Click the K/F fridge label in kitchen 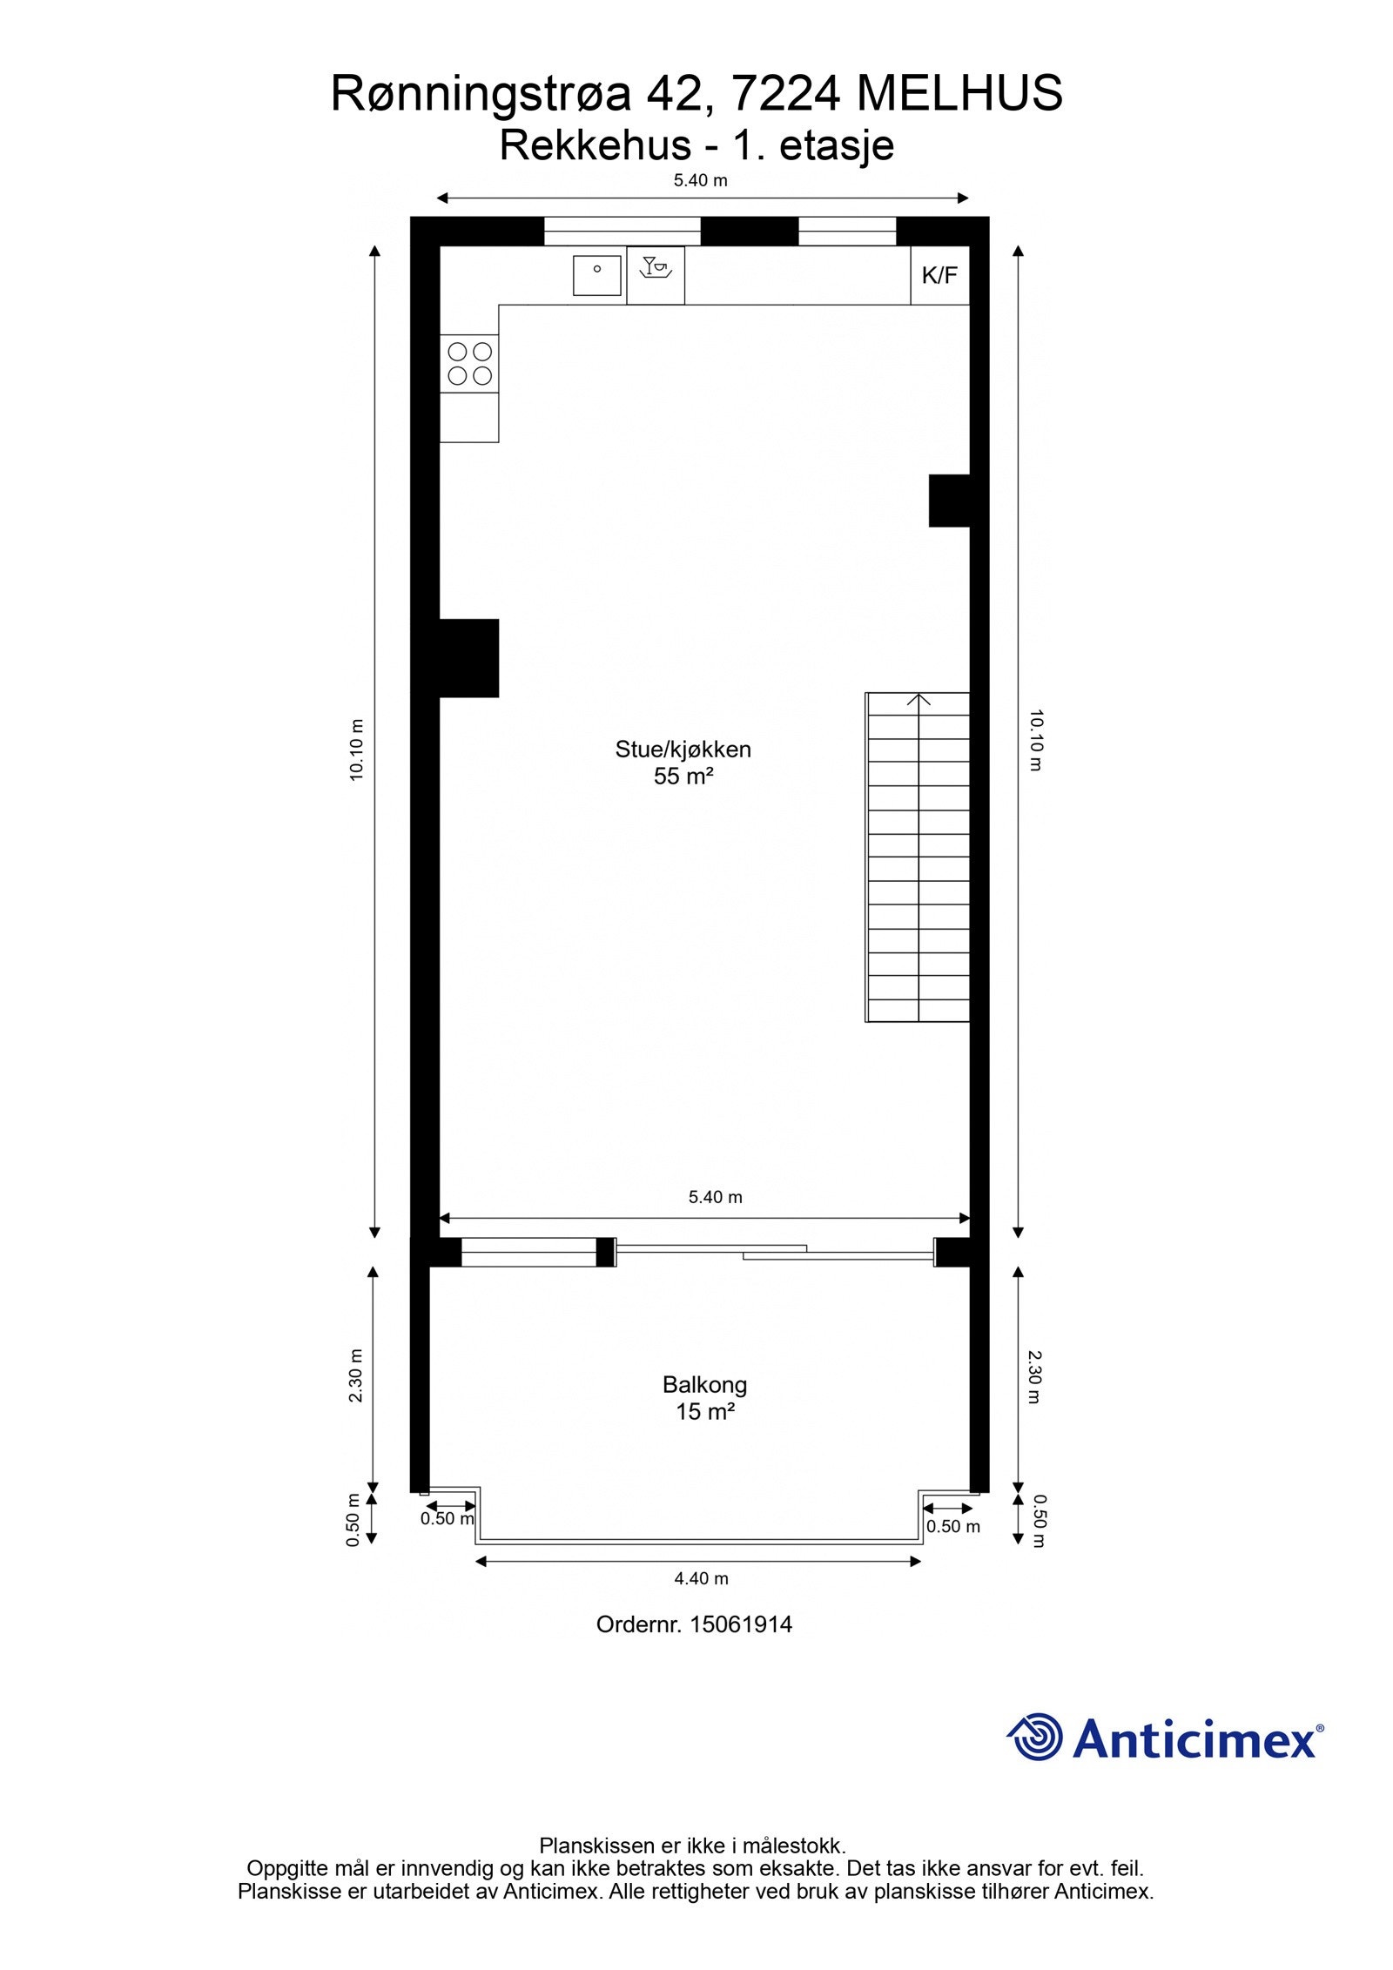939,276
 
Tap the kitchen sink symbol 596,275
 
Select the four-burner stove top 469,364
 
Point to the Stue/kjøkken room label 683,750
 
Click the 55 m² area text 683,777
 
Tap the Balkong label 704,1385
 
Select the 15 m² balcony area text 704,1412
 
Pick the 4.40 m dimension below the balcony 701,1578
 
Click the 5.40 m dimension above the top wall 700,181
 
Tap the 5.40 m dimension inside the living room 715,1197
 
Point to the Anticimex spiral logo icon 1035,1737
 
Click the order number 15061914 741,1624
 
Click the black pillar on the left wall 468,658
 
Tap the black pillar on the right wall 950,501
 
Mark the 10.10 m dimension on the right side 1035,741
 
